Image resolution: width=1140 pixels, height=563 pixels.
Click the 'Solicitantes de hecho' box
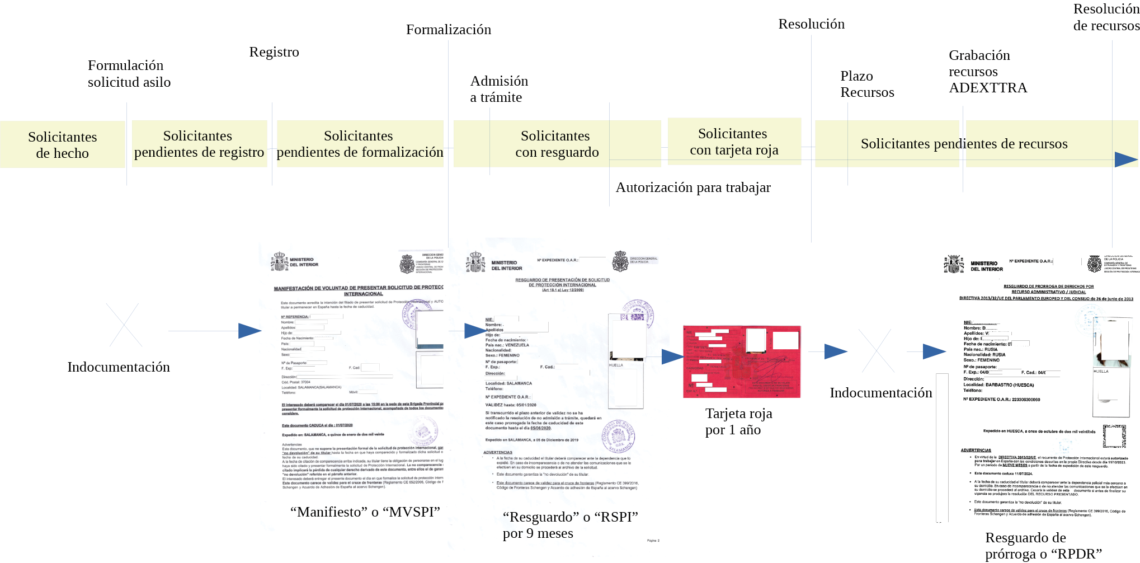(63, 145)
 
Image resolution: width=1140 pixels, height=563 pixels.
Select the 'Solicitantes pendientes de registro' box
(199, 144)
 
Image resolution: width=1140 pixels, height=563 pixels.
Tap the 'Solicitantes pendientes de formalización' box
(360, 144)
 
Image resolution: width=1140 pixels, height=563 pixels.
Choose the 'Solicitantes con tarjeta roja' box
(734, 142)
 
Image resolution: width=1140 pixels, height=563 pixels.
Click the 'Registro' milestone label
(274, 52)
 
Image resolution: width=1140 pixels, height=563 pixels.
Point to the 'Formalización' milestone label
(449, 30)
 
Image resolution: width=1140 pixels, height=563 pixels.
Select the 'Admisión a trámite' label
(499, 89)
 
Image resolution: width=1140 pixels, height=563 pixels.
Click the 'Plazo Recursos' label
(867, 84)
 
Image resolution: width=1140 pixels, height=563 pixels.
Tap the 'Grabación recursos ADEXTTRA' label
(988, 72)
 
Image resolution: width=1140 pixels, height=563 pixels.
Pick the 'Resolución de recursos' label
(1106, 17)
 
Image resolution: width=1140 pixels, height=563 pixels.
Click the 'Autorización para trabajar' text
(693, 187)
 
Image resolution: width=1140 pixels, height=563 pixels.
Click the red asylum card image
(742, 362)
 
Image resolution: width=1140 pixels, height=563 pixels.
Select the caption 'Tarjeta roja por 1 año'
(738, 421)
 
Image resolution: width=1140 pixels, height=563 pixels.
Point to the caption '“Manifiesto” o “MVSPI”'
(365, 512)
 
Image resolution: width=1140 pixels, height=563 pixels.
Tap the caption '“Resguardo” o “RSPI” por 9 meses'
(570, 525)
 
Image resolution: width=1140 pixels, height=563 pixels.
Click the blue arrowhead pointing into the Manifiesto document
(249, 331)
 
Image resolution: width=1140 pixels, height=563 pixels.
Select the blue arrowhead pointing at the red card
(672, 356)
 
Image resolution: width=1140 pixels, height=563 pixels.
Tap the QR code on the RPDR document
(1114, 436)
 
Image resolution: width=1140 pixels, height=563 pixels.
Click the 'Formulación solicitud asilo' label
(129, 74)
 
